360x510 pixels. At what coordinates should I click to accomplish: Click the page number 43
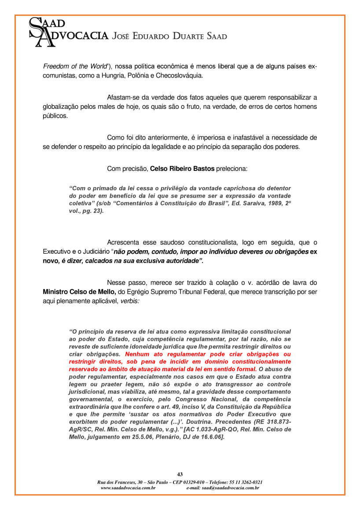pos(180,474)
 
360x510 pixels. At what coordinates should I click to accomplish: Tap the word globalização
pos(61,107)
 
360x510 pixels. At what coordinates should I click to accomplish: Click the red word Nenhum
pos(137,354)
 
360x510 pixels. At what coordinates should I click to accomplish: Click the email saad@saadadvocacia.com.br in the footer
pos(223,488)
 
